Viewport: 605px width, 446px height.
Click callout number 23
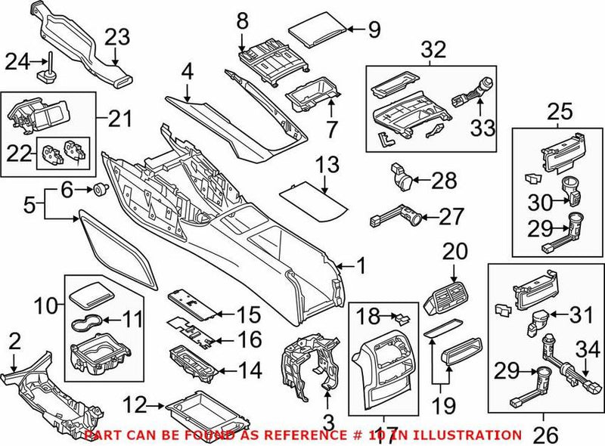(x=117, y=36)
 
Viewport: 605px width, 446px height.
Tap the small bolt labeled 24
(x=48, y=73)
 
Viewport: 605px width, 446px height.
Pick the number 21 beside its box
(x=120, y=119)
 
